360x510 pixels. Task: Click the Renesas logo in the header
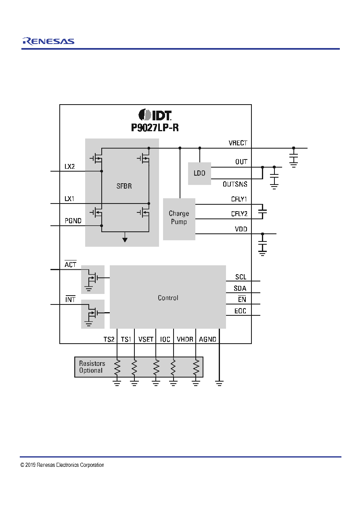pos(48,41)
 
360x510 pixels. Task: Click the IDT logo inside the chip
pos(155,115)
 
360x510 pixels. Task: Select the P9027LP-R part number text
pos(155,128)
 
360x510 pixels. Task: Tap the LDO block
pos(199,174)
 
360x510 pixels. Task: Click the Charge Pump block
pos(179,219)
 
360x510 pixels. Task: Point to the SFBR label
pos(124,186)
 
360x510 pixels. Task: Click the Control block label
pos(168,298)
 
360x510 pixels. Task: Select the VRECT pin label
pos(238,143)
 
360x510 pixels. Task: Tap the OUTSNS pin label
pos(235,184)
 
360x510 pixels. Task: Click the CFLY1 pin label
pos(239,199)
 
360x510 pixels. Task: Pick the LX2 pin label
pos(70,167)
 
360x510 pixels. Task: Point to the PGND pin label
pos(73,221)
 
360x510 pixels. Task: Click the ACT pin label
pos(70,264)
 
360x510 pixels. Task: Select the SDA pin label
pos(240,288)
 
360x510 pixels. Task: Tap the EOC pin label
pos(240,311)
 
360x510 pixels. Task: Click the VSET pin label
pos(146,340)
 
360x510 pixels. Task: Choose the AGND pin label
pos(207,340)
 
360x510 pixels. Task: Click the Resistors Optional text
pos(92,367)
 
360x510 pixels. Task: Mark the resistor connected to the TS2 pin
pos(117,367)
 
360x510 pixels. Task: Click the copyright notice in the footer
pos(62,465)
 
